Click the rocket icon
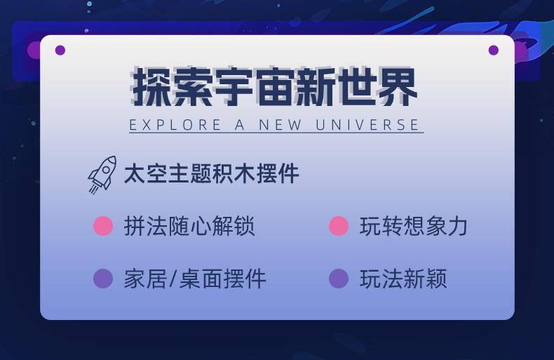(x=102, y=174)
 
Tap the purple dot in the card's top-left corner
(x=60, y=51)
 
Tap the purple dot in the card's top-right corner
(x=494, y=51)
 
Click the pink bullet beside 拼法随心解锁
(x=103, y=226)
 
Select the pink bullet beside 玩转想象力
(x=339, y=226)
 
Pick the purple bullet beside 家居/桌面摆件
(x=103, y=279)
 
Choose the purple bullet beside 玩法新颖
(x=339, y=279)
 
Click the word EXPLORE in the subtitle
(x=175, y=125)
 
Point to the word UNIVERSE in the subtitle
(x=367, y=125)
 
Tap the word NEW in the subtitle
(x=281, y=125)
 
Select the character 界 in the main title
(x=397, y=87)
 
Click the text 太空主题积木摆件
(x=212, y=173)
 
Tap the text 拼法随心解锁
(x=189, y=226)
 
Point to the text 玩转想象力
(x=414, y=226)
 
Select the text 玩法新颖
(x=403, y=279)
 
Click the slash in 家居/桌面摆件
(x=173, y=279)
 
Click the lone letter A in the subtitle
(x=240, y=125)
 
